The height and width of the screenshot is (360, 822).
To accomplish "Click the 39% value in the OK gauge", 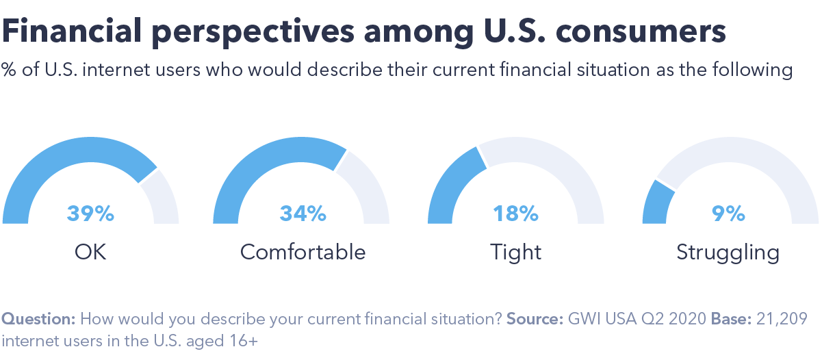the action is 90,214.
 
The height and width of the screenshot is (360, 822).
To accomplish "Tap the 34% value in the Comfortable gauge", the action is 303,214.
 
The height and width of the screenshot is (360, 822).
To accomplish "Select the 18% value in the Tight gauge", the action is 515,214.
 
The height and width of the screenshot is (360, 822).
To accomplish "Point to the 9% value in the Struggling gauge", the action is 728,214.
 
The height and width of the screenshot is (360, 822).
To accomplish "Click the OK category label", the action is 90,252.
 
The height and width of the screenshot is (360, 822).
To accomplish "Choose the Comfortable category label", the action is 303,252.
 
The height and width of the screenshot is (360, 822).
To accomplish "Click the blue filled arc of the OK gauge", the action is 55,158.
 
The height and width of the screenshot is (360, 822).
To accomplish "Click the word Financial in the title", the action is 72,31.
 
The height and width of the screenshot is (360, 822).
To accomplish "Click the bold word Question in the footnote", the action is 38,319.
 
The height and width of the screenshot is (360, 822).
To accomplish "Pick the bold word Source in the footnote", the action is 535,318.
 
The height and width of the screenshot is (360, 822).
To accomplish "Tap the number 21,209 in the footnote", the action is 782,319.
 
